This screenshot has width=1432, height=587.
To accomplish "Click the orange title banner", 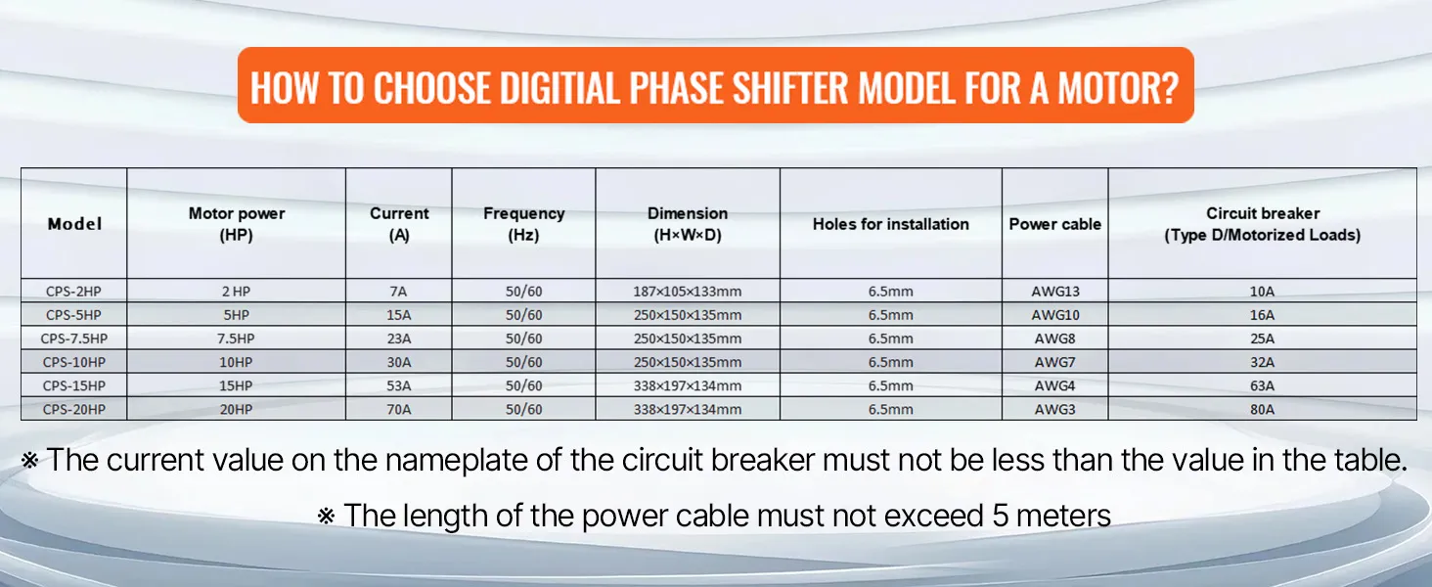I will pyautogui.click(x=715, y=86).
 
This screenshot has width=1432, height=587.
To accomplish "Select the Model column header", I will pyautogui.click(x=74, y=224).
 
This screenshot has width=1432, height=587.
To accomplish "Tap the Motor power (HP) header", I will pyautogui.click(x=237, y=224).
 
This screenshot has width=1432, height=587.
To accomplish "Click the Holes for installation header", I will pyautogui.click(x=890, y=224).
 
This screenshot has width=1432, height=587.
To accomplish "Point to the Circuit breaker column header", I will pyautogui.click(x=1262, y=224).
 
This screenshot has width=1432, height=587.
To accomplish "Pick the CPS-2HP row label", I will pyautogui.click(x=73, y=291).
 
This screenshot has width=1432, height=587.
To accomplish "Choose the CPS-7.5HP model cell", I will pyautogui.click(x=73, y=339).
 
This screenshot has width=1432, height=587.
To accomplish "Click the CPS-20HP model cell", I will pyautogui.click(x=73, y=409).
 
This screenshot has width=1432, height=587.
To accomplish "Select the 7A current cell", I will pyautogui.click(x=399, y=291).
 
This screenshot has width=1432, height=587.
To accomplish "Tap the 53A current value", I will pyautogui.click(x=399, y=385).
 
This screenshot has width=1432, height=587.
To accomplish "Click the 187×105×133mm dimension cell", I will pyautogui.click(x=687, y=291).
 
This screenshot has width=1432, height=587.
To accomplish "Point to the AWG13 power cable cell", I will pyautogui.click(x=1055, y=291).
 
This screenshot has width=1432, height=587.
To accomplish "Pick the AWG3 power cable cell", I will pyautogui.click(x=1055, y=409).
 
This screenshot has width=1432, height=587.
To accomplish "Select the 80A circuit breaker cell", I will pyautogui.click(x=1262, y=409).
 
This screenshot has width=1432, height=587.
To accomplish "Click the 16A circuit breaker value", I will pyautogui.click(x=1262, y=315).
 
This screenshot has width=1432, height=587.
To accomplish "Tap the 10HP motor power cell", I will pyautogui.click(x=237, y=362).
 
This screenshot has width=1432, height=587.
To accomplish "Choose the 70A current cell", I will pyautogui.click(x=399, y=409).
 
